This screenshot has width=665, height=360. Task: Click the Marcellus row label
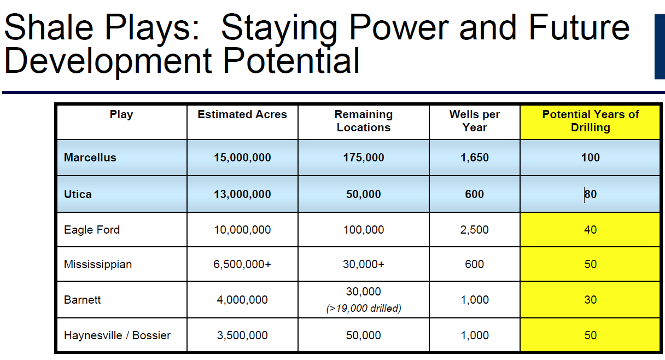90,158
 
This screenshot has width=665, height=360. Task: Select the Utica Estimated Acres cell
242,194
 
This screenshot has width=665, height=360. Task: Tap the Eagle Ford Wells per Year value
474,230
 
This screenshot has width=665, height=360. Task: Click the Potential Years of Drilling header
591,121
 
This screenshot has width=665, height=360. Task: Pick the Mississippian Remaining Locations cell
363,264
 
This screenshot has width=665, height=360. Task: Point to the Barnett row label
82,300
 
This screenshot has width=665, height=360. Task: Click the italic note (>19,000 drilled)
363,309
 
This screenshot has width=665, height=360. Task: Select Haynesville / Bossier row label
117,335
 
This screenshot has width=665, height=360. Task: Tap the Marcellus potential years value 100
590,158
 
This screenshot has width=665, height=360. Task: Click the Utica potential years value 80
590,194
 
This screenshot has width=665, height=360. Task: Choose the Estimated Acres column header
242,114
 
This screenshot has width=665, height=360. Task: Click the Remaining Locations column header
363,121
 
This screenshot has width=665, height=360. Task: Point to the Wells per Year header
474,121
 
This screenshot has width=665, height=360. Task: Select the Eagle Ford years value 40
590,230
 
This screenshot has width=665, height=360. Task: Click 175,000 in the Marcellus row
363,158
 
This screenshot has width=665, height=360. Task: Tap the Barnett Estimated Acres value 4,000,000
242,300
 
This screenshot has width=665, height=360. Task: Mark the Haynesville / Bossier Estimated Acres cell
242,335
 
